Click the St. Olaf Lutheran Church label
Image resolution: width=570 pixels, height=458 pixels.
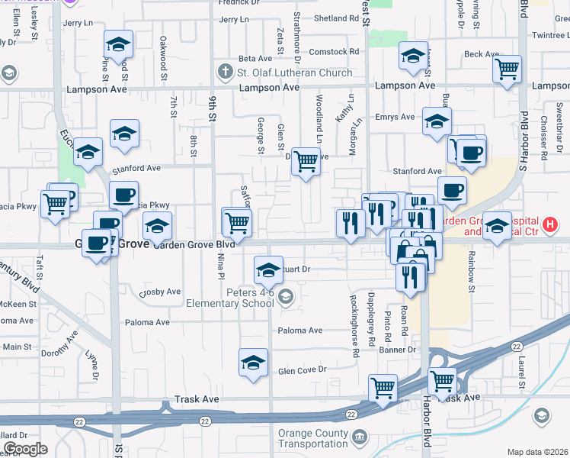click(294, 73)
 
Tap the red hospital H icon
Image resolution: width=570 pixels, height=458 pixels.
click(549, 225)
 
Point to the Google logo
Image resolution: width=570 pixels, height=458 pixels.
click(24, 449)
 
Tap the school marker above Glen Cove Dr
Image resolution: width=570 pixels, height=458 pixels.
click(253, 363)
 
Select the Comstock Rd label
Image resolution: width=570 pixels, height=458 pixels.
click(334, 52)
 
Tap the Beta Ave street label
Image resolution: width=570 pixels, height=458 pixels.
click(255, 58)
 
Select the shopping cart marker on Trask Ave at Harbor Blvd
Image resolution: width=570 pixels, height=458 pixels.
click(442, 381)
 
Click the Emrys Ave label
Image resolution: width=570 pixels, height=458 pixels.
click(396, 117)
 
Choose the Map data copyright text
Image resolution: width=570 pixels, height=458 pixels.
click(537, 452)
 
